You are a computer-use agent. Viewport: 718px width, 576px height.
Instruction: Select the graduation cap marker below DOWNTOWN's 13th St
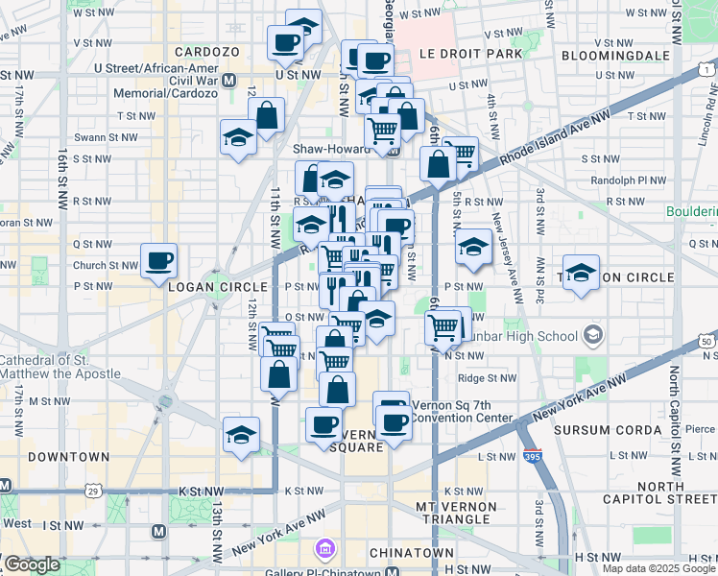[x=241, y=435]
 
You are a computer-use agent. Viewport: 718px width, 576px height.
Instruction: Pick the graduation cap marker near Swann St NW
[x=237, y=138]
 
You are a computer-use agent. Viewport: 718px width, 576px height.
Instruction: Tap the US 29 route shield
[x=94, y=491]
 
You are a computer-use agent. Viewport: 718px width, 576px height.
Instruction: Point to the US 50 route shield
[x=707, y=341]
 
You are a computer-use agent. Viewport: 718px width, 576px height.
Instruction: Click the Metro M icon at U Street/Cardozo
[x=228, y=82]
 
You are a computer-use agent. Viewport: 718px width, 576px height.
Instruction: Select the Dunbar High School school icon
[x=593, y=335]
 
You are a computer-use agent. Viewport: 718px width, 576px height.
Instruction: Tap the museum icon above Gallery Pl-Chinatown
[x=324, y=549]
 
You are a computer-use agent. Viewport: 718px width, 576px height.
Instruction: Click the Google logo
[x=31, y=564]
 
